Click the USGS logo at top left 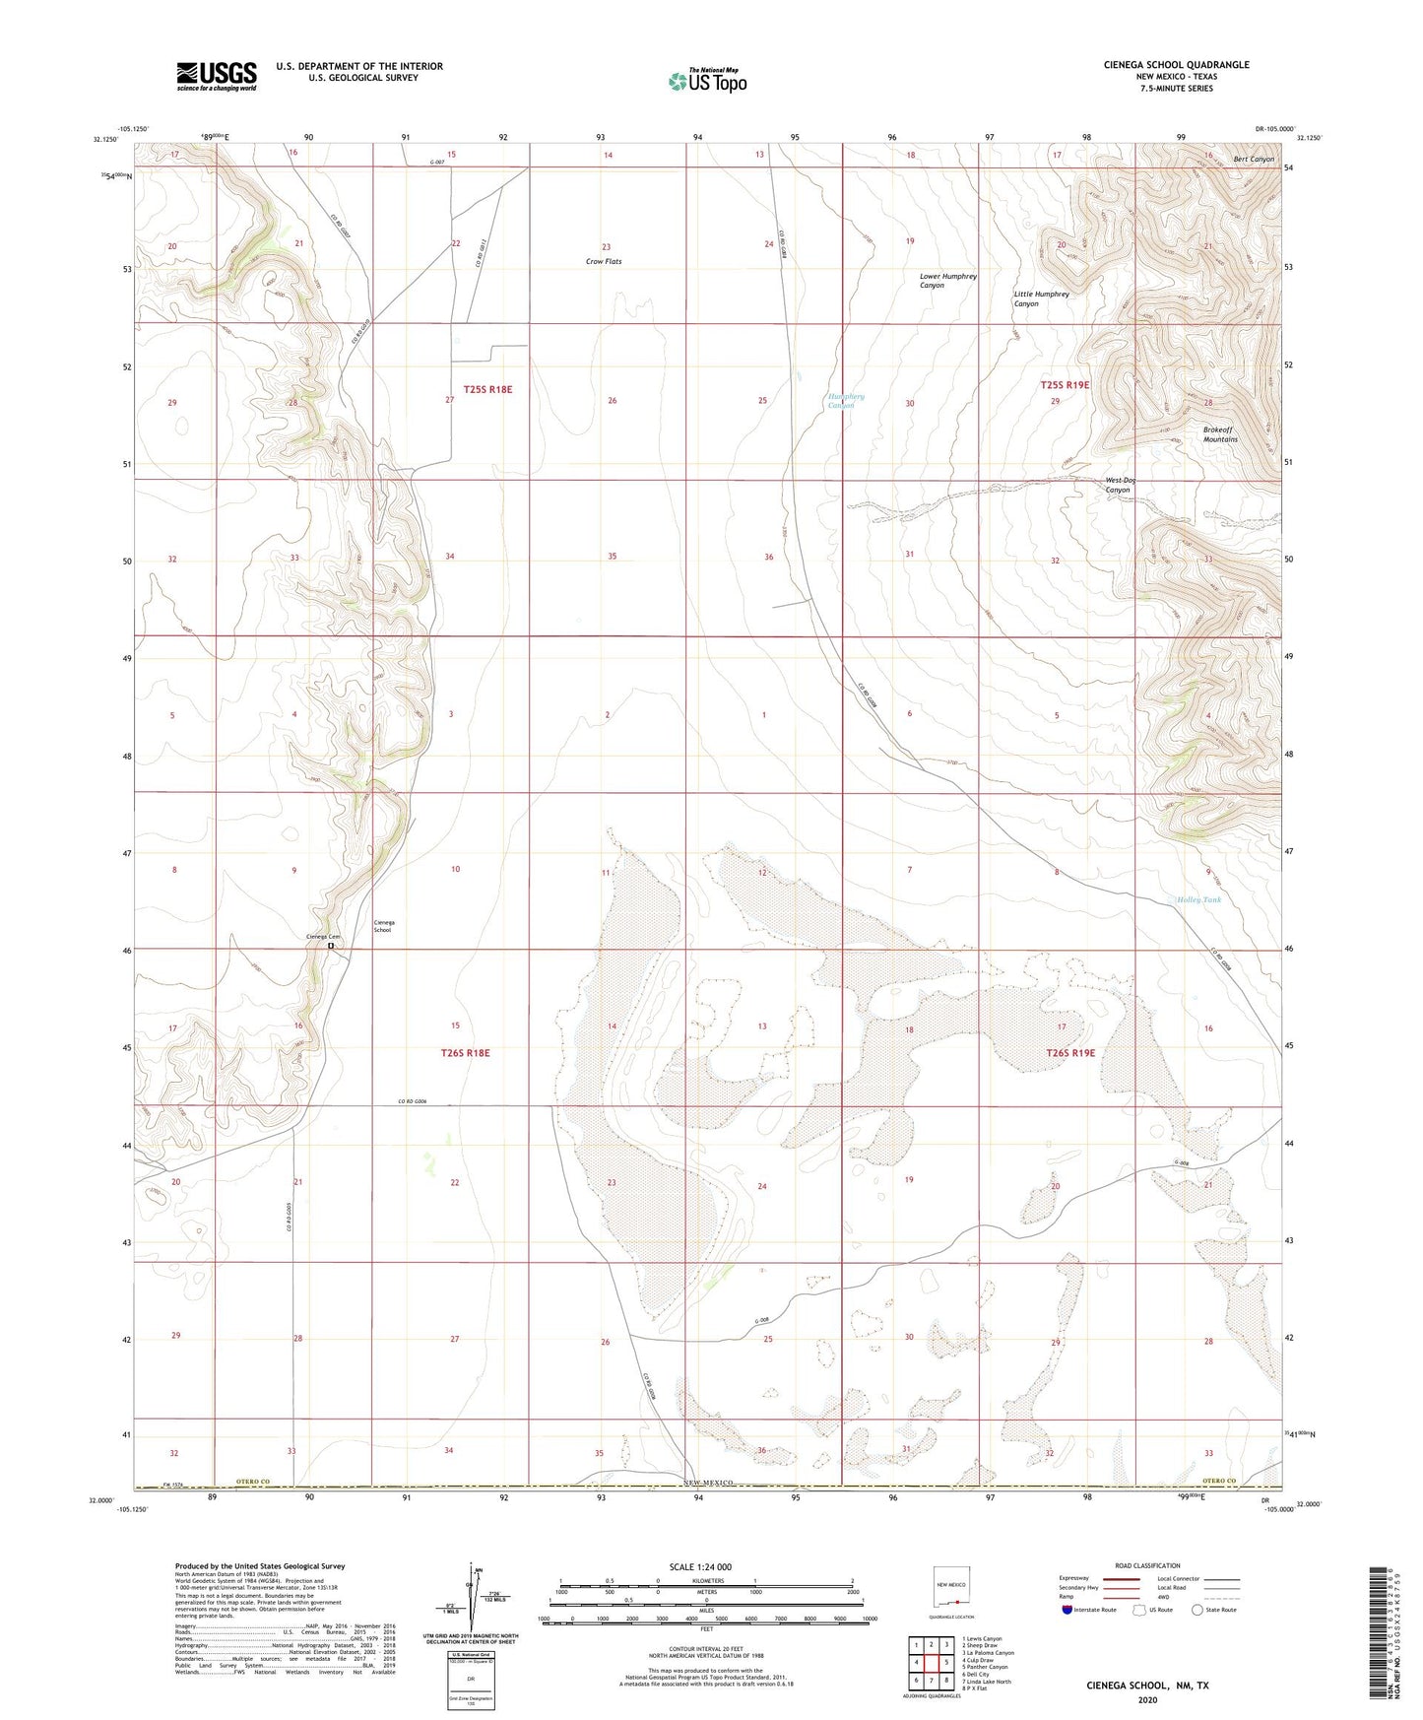tap(217, 75)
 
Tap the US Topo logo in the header tap(707, 81)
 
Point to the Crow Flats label tap(604, 262)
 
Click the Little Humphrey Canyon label tap(1041, 298)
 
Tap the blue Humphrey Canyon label tap(845, 401)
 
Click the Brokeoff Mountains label tap(1219, 434)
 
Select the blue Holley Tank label tap(1198, 899)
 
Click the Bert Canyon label tap(1253, 159)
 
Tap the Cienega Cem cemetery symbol tap(331, 947)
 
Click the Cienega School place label tap(383, 926)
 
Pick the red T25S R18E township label tap(487, 389)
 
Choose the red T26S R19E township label tap(1069, 1053)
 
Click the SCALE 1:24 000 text tap(700, 1566)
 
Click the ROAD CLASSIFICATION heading tap(1147, 1565)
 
